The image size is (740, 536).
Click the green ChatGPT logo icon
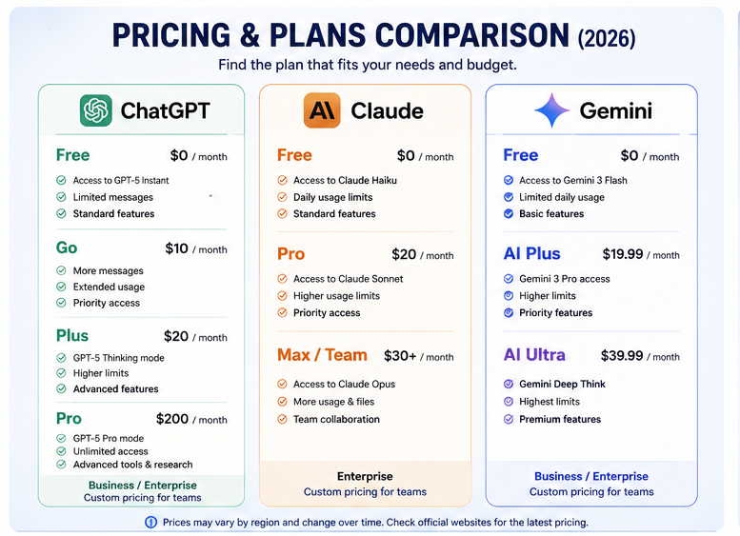(96, 110)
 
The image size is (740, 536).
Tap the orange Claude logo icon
(322, 110)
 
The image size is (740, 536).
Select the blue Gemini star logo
(551, 110)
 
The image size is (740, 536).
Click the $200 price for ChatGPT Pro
(172, 419)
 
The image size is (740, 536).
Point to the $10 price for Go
(176, 248)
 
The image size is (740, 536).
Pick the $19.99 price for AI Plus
(623, 254)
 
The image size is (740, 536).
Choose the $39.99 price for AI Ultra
(622, 355)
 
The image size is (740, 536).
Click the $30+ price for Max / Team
(400, 355)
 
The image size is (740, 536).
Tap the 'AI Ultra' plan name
(534, 355)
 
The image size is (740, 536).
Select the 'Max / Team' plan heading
(322, 355)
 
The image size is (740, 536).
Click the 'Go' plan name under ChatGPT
(67, 248)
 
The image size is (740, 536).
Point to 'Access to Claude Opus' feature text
(344, 384)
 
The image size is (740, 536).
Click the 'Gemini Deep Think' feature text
(562, 384)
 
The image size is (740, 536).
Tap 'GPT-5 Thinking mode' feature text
(118, 358)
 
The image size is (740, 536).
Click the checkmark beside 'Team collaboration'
(282, 419)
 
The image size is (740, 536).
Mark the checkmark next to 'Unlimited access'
(61, 451)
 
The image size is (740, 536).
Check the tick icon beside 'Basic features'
(509, 214)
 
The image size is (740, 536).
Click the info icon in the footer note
(151, 523)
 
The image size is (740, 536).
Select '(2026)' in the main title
(607, 39)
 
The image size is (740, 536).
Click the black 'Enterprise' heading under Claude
(365, 476)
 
